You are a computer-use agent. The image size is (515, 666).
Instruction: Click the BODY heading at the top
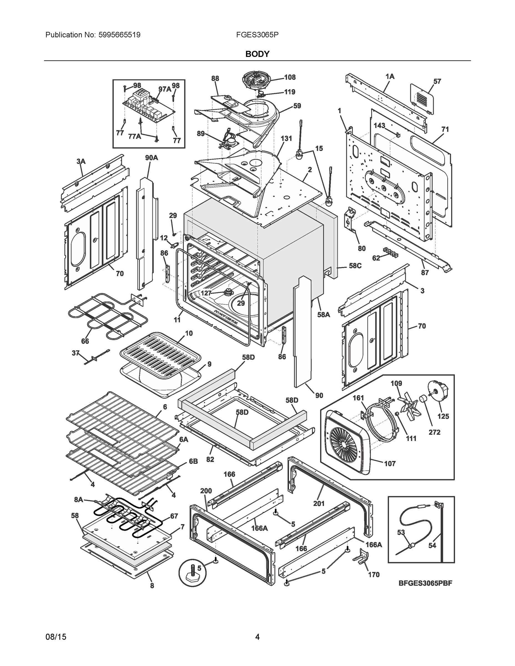click(257, 54)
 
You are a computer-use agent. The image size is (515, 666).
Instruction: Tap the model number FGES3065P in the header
click(257, 35)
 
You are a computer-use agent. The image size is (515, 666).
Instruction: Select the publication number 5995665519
click(120, 35)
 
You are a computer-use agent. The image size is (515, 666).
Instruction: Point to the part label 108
click(290, 77)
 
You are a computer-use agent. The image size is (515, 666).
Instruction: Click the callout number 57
click(437, 81)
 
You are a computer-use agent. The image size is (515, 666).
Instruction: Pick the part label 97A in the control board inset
click(164, 89)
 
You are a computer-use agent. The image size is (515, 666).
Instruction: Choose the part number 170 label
click(373, 574)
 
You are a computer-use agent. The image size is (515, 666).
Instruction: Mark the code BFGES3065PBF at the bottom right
click(425, 583)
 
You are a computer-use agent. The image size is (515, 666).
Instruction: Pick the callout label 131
click(286, 138)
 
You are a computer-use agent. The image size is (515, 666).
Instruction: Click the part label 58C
click(355, 266)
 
